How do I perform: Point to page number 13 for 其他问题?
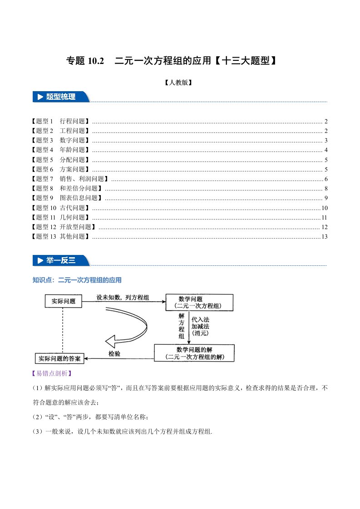[x=324, y=236]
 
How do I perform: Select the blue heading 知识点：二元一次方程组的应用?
[x=77, y=280]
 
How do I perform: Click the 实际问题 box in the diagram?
[x=63, y=301]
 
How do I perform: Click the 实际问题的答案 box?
[x=60, y=358]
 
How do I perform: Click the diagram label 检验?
[x=114, y=353]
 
